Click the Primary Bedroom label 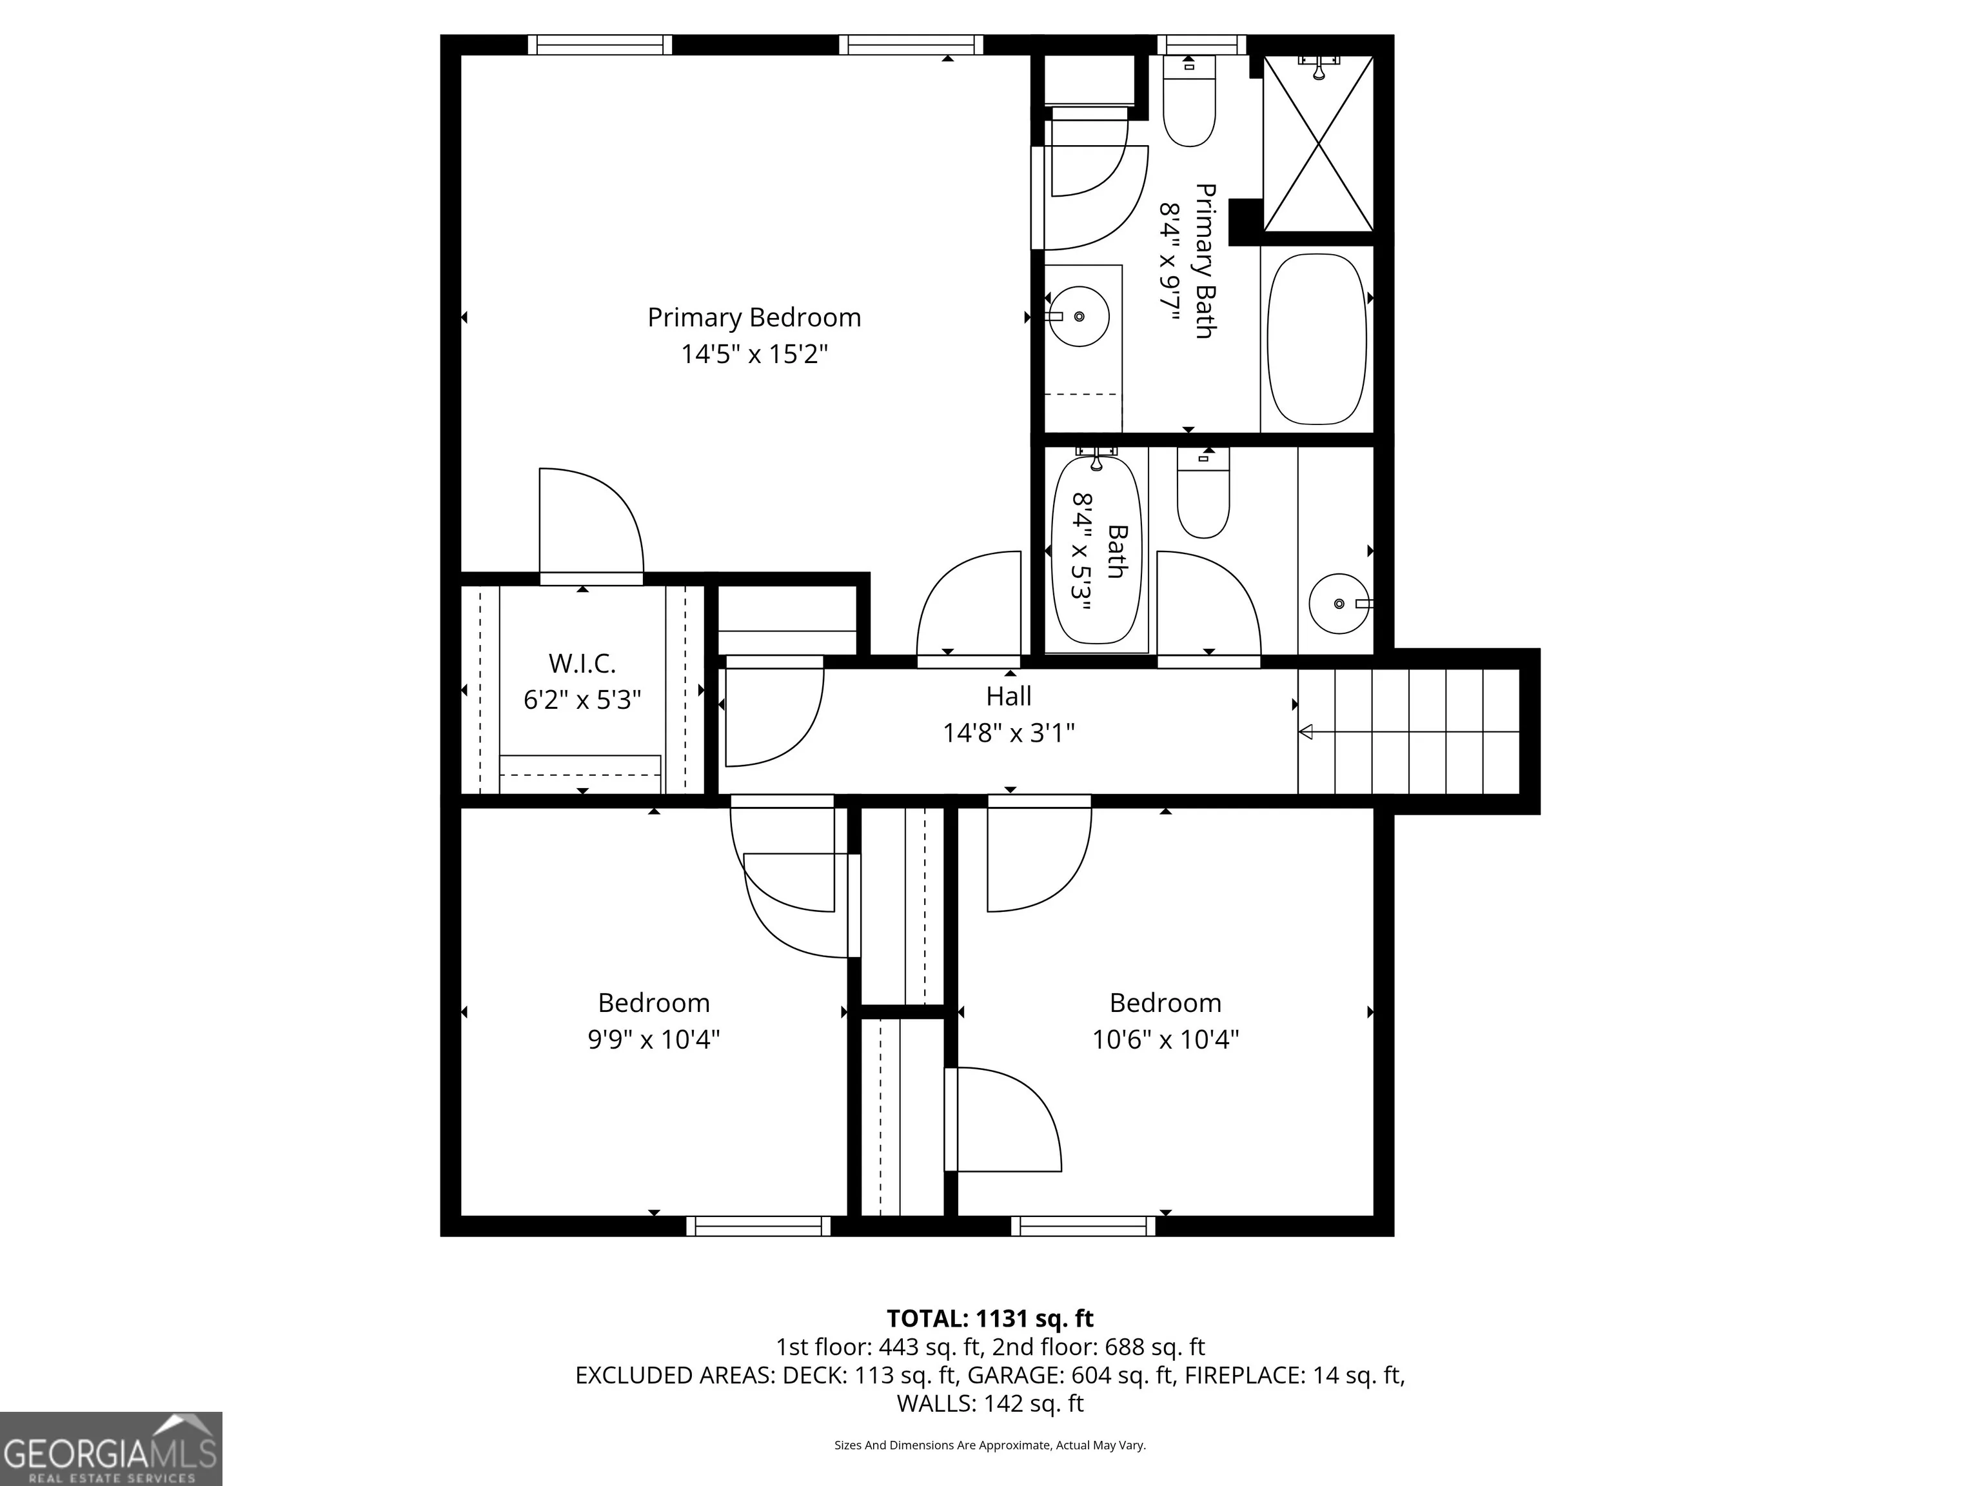tap(754, 318)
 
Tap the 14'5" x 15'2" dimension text tap(754, 355)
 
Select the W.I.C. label tap(582, 664)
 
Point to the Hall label tap(1009, 696)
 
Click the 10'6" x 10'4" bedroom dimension tap(1165, 1040)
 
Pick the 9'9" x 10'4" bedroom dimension tap(654, 1040)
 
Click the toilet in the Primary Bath tap(1189, 101)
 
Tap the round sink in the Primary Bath tap(1078, 316)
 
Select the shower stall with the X tap(1317, 143)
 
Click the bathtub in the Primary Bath tap(1317, 339)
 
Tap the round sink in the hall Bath tap(1340, 604)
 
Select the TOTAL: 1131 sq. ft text tap(990, 1318)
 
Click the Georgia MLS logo tap(111, 1449)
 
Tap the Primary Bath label tap(1205, 261)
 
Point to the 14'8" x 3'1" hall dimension tap(1009, 733)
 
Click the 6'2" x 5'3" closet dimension tap(582, 700)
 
